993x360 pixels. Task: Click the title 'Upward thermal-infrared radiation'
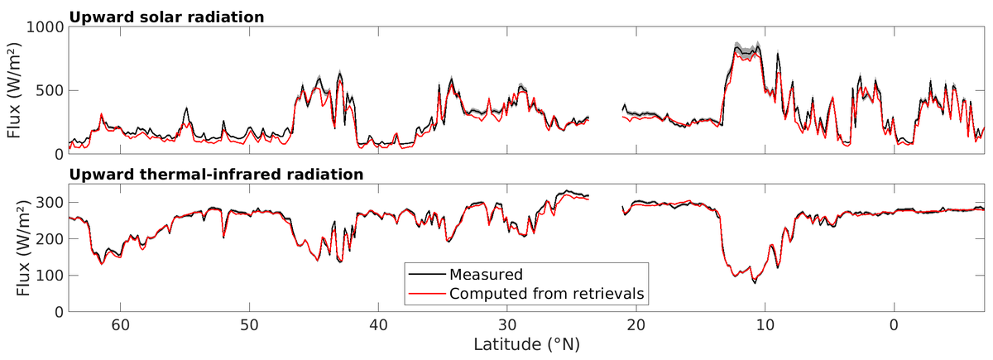tap(216, 175)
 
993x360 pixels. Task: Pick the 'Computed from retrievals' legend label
tap(546, 292)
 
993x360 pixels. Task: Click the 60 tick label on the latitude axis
tap(120, 324)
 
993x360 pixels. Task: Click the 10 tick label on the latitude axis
tap(765, 324)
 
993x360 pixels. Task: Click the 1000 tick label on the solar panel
tap(44, 27)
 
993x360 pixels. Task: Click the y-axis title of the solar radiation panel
tap(14, 90)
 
